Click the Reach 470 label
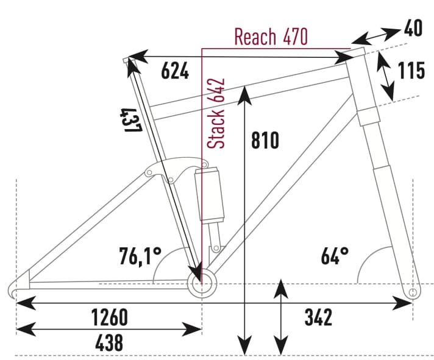pos(271,37)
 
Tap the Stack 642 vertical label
pos(218,114)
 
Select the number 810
pos(265,141)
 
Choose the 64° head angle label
pos(335,256)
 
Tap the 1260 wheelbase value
pos(108,317)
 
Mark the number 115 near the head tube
pos(411,71)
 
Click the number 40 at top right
pos(414,28)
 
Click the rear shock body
pos(209,196)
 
